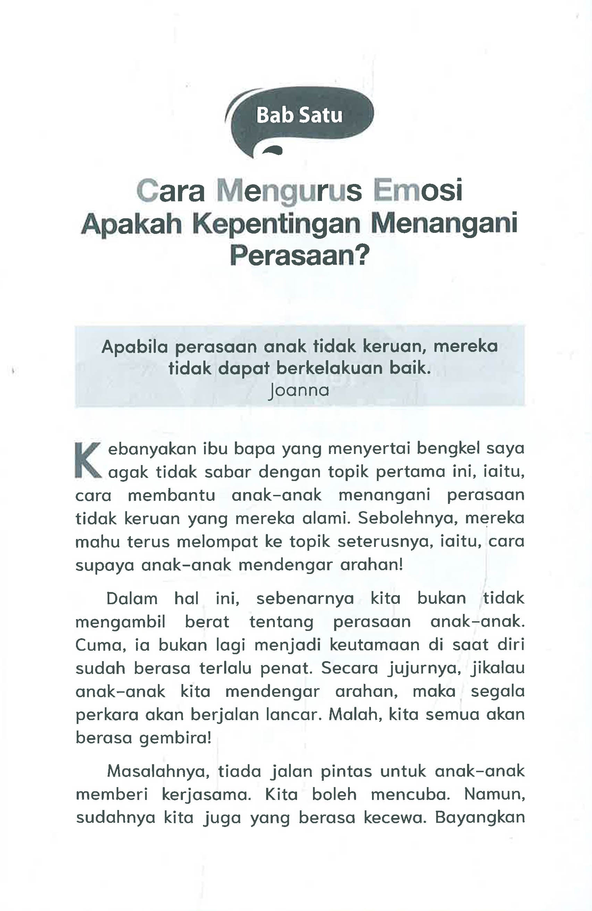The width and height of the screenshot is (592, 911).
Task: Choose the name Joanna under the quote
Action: tap(299, 390)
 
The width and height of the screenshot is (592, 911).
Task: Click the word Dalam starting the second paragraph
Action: tap(132, 599)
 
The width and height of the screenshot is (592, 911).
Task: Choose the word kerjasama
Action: tap(207, 794)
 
